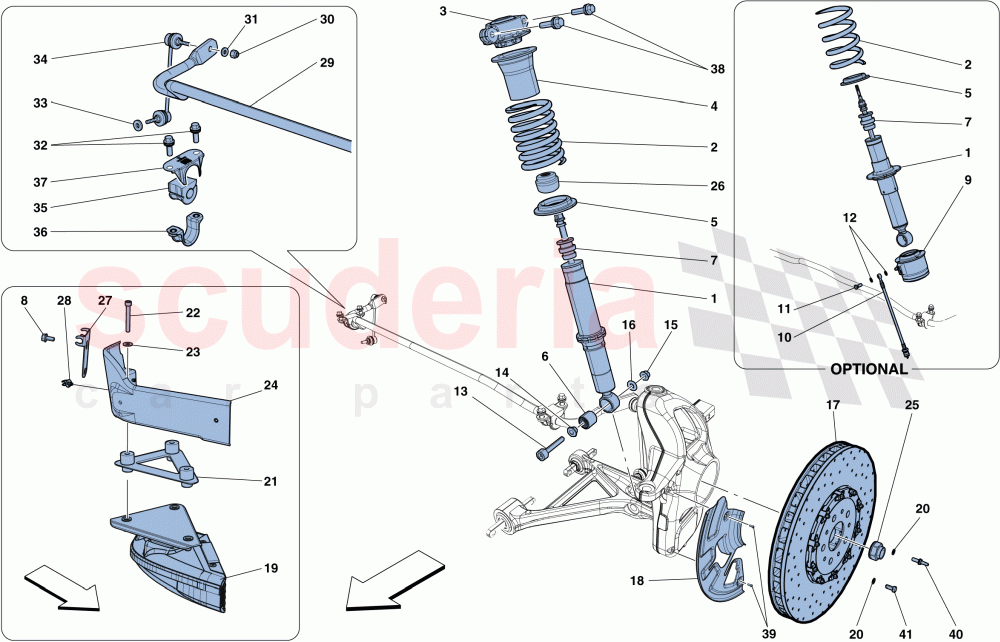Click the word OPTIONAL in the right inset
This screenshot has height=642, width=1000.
[x=867, y=368]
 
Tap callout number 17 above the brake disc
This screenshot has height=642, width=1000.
[x=832, y=405]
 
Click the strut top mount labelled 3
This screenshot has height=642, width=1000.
[x=506, y=30]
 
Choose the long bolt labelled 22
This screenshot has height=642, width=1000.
[x=129, y=315]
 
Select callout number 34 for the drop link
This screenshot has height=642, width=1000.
[x=40, y=60]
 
